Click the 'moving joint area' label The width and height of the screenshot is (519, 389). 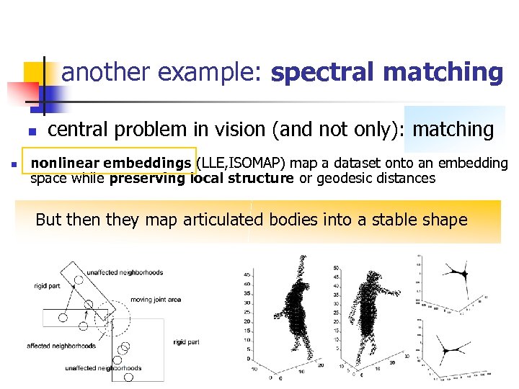point(156,300)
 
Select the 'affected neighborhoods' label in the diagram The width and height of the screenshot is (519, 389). point(61,346)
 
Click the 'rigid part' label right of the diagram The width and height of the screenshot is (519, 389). point(186,342)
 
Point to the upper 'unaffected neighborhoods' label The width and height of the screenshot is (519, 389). point(125,272)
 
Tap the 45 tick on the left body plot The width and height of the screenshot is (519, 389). point(247,274)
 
